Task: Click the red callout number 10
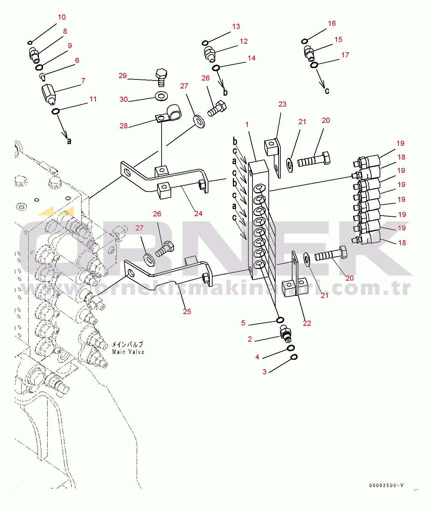coord(62,17)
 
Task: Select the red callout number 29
coord(123,76)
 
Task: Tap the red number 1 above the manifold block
coord(247,125)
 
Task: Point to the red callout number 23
coord(282,104)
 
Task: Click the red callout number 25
coord(187,312)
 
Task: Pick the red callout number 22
coord(307,323)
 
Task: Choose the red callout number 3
coord(265,372)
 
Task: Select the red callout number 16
coord(332,23)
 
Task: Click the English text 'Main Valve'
coord(128,352)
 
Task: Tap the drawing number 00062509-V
coord(386,485)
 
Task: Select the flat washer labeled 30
coord(161,96)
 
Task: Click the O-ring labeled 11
coord(55,111)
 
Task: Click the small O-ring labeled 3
coord(294,357)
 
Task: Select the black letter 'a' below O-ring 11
coord(69,141)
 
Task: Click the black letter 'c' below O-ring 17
coord(327,91)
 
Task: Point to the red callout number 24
coord(198,214)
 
